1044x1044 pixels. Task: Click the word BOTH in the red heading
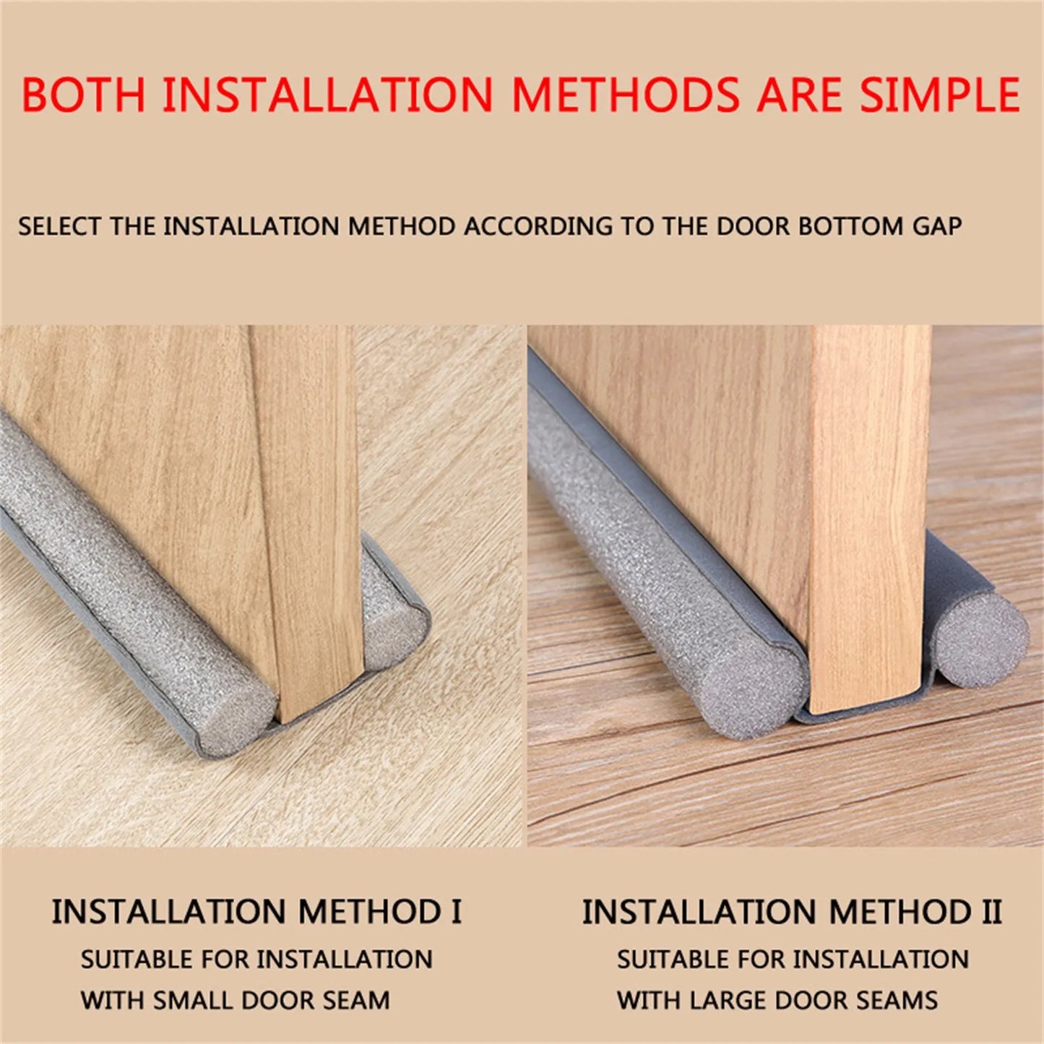[84, 95]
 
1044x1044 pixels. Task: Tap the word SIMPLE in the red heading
[939, 95]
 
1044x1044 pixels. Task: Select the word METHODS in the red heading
[626, 95]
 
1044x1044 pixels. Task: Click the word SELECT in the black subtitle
[60, 226]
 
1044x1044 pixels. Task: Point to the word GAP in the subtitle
[936, 226]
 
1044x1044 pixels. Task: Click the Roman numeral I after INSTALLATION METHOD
[456, 912]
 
